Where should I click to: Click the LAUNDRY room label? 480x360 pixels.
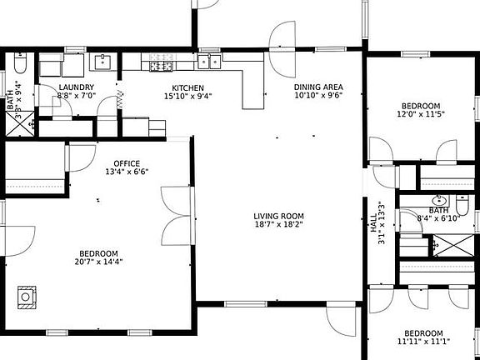pyautogui.click(x=77, y=87)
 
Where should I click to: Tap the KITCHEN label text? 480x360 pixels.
pyautogui.click(x=187, y=87)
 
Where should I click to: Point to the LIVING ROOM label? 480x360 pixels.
pyautogui.click(x=279, y=217)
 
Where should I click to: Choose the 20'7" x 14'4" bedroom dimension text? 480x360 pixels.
pyautogui.click(x=98, y=262)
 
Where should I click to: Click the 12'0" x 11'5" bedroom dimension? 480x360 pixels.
pyautogui.click(x=419, y=115)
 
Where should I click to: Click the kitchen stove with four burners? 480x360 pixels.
pyautogui.click(x=160, y=65)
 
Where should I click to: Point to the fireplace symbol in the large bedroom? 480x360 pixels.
pyautogui.click(x=28, y=296)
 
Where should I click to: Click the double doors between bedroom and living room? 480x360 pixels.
pyautogui.click(x=177, y=212)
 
